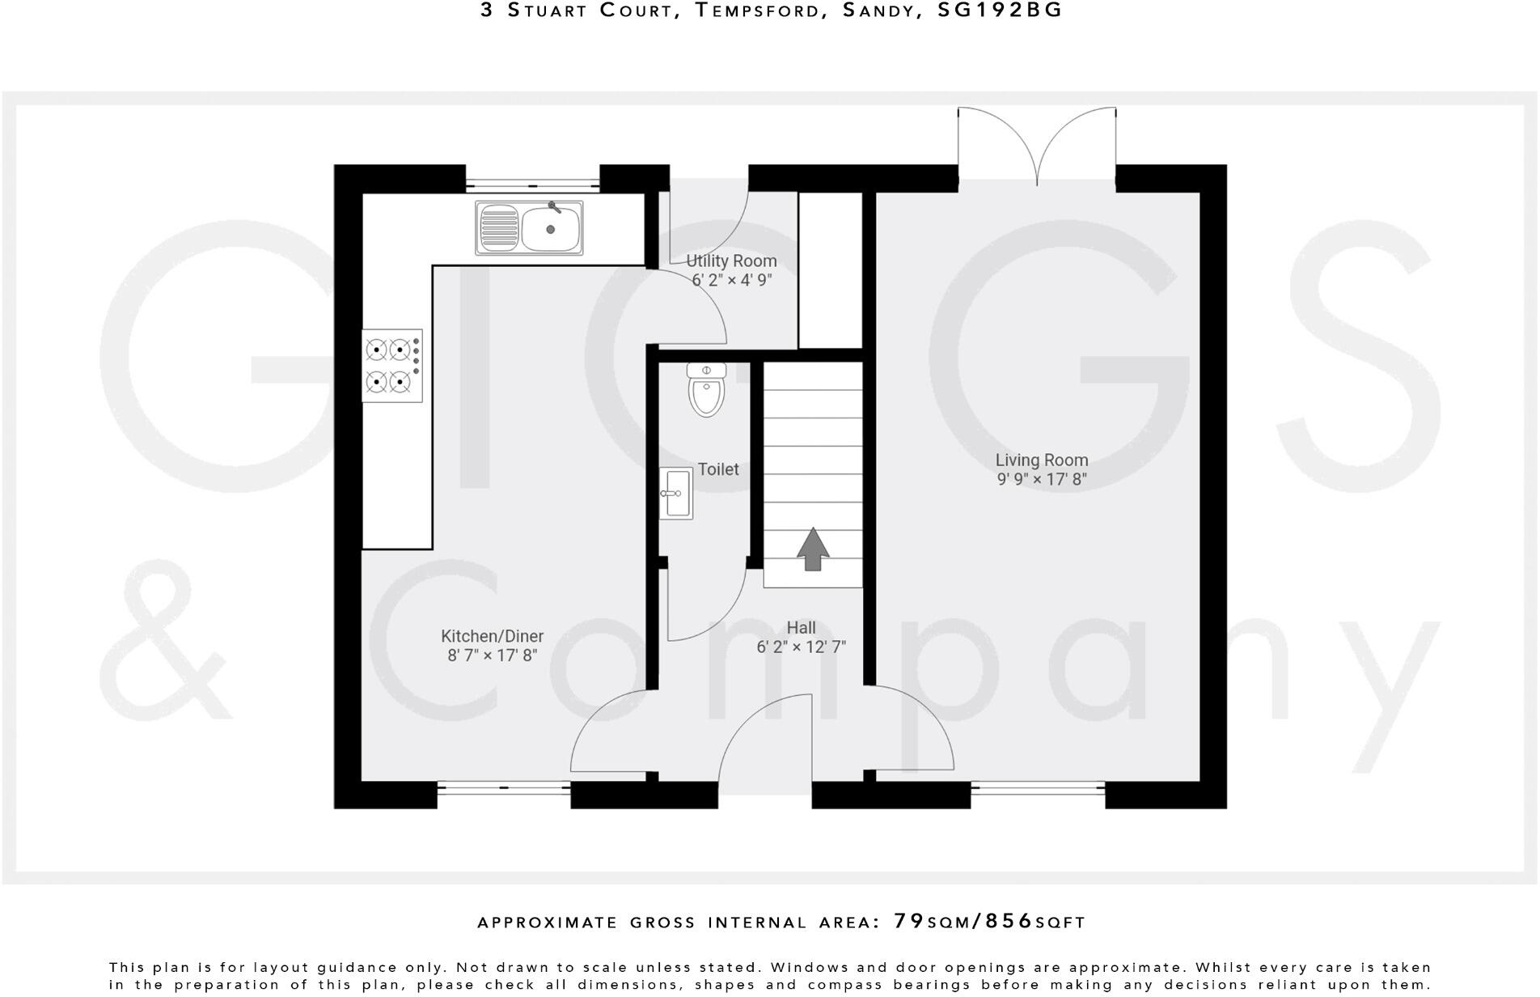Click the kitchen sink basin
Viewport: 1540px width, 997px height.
pos(551,227)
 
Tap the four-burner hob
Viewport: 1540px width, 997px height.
pos(392,365)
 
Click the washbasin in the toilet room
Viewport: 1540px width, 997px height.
pos(675,493)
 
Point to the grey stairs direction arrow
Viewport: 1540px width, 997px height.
pos(813,549)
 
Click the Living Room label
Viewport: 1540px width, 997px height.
pos(1041,460)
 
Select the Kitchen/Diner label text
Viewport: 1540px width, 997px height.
pos(492,636)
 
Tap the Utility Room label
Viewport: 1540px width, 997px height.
pos(731,261)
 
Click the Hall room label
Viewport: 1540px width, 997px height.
pos(801,627)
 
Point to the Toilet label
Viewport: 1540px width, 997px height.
pos(718,469)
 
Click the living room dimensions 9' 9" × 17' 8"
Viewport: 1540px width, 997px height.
pos(1041,479)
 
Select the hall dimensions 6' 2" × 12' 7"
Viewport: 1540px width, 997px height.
pos(801,647)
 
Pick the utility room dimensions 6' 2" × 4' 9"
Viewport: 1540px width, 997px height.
pos(731,280)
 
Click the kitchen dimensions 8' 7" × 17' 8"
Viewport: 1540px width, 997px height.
pos(492,655)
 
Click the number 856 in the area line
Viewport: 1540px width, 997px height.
pos(1009,921)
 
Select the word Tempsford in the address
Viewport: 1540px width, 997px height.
pos(757,11)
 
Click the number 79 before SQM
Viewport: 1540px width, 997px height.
pos(908,921)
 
